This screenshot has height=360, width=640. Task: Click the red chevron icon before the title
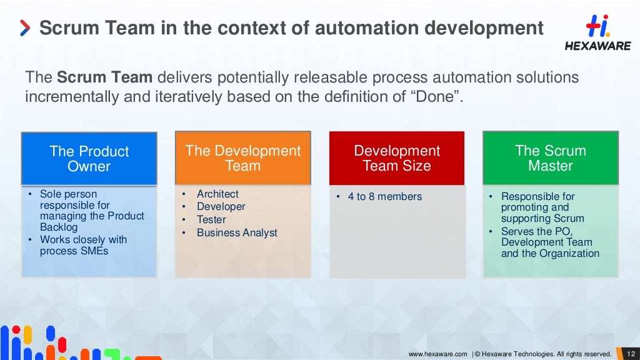(x=24, y=28)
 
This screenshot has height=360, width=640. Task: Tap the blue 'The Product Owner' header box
(x=89, y=159)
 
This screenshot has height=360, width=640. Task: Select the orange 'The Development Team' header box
(x=242, y=158)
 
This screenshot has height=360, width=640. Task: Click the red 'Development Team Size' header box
(x=397, y=158)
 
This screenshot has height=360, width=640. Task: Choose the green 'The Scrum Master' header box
(x=550, y=158)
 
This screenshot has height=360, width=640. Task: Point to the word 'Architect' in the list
(x=217, y=194)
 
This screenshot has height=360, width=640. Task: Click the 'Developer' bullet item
(x=221, y=207)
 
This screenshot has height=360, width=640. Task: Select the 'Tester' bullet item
(x=211, y=220)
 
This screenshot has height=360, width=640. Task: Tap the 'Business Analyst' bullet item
(x=237, y=233)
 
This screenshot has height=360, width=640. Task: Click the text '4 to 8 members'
(x=384, y=197)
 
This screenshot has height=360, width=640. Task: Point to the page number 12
(x=630, y=354)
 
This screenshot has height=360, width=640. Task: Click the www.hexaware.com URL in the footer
(x=437, y=354)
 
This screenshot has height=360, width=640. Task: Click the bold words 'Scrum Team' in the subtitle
(x=104, y=78)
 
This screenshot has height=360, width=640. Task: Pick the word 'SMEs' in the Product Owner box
(x=94, y=251)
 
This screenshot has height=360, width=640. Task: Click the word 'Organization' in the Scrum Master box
(x=570, y=254)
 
